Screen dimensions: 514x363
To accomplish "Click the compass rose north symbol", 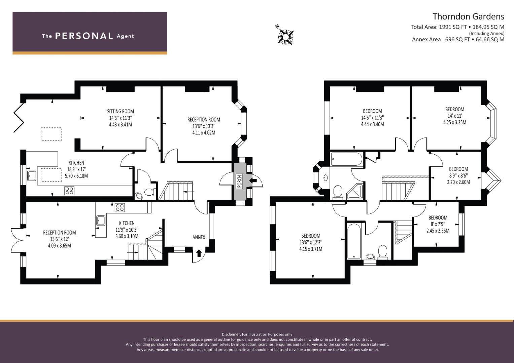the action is click(286, 37).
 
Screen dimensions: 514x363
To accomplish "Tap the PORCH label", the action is click(240, 181).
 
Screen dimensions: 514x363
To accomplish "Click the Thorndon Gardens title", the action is click(468, 16).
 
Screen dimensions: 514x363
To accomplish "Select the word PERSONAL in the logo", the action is click(84, 36).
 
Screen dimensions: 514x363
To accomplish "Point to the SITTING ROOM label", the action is click(121, 111).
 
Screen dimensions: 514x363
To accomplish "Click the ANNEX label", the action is click(199, 237).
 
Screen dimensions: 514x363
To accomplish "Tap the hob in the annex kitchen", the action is click(120, 208).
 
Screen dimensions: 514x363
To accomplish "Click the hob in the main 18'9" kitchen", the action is click(69, 191).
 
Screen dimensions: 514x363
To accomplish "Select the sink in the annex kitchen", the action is click(101, 221).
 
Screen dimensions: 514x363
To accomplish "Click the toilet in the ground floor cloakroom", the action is click(150, 192).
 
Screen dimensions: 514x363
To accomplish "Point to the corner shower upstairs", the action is click(355, 191).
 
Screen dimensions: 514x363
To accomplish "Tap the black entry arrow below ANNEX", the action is click(199, 253).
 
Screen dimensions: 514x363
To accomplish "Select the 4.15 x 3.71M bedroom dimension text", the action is click(311, 249).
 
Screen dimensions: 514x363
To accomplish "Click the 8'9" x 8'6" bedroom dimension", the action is click(458, 175).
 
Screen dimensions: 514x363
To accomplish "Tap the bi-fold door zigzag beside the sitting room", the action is click(19, 118).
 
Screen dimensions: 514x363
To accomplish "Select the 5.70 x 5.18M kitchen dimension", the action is click(76, 176).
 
